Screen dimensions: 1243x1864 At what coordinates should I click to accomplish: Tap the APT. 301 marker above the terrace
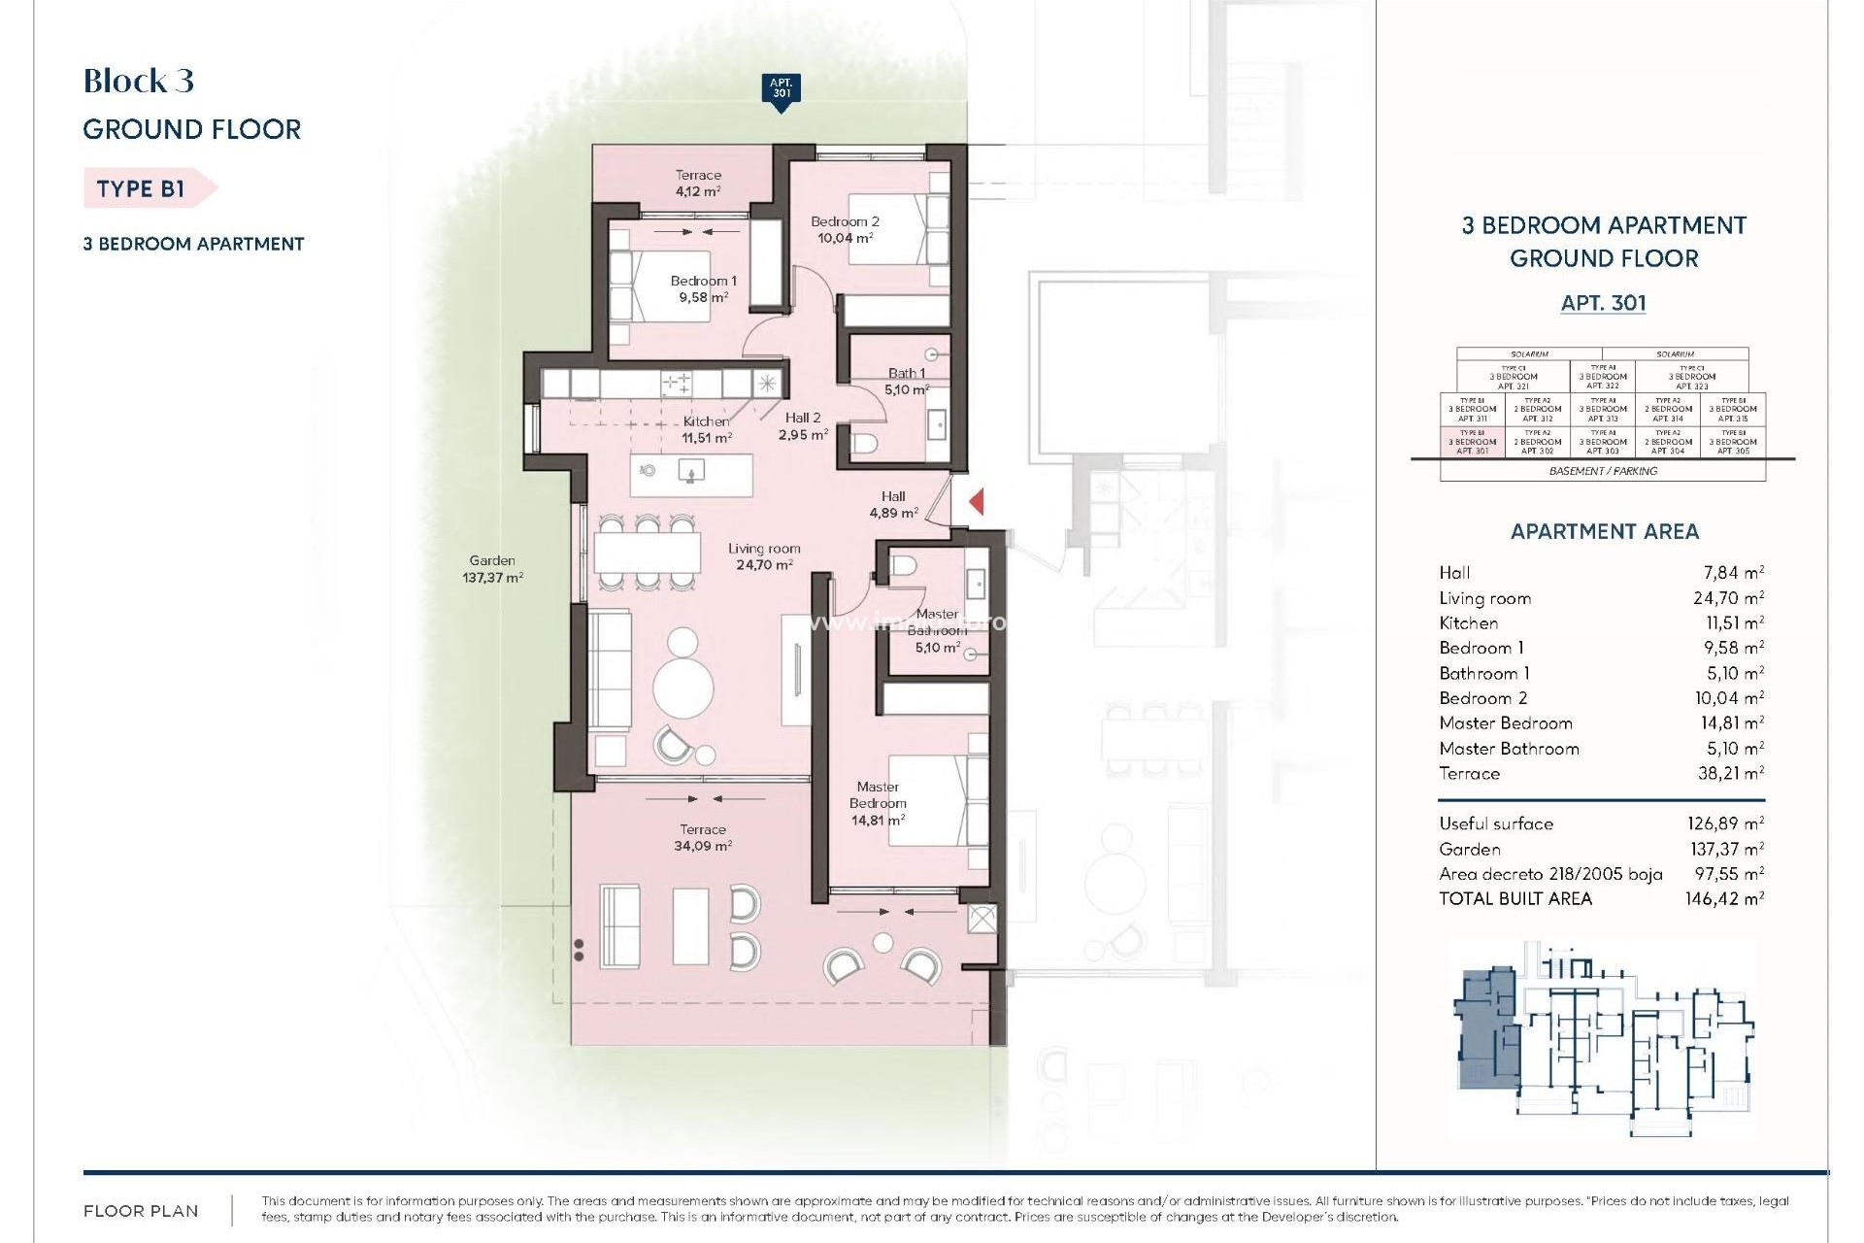(781, 90)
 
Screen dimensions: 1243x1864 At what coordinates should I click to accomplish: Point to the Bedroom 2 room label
(845, 229)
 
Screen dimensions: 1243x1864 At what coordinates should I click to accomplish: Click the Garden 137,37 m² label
(492, 568)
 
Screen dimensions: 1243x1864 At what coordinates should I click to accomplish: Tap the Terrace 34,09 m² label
(702, 837)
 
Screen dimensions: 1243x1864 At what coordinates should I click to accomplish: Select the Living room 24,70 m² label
(764, 556)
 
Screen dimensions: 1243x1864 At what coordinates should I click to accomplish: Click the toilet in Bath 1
(864, 444)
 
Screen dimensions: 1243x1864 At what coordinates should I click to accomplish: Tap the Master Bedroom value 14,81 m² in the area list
(1728, 723)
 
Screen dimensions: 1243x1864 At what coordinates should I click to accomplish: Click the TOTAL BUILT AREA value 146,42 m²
(1724, 898)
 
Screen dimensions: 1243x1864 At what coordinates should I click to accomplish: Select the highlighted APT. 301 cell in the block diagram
(1472, 442)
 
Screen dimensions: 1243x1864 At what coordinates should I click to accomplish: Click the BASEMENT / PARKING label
(1603, 471)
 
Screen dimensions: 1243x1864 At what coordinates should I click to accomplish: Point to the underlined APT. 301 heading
(1603, 303)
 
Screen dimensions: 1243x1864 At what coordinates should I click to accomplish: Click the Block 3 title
(139, 81)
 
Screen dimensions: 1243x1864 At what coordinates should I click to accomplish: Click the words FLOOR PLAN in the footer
(141, 1211)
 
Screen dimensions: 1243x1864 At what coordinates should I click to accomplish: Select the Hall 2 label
(803, 425)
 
